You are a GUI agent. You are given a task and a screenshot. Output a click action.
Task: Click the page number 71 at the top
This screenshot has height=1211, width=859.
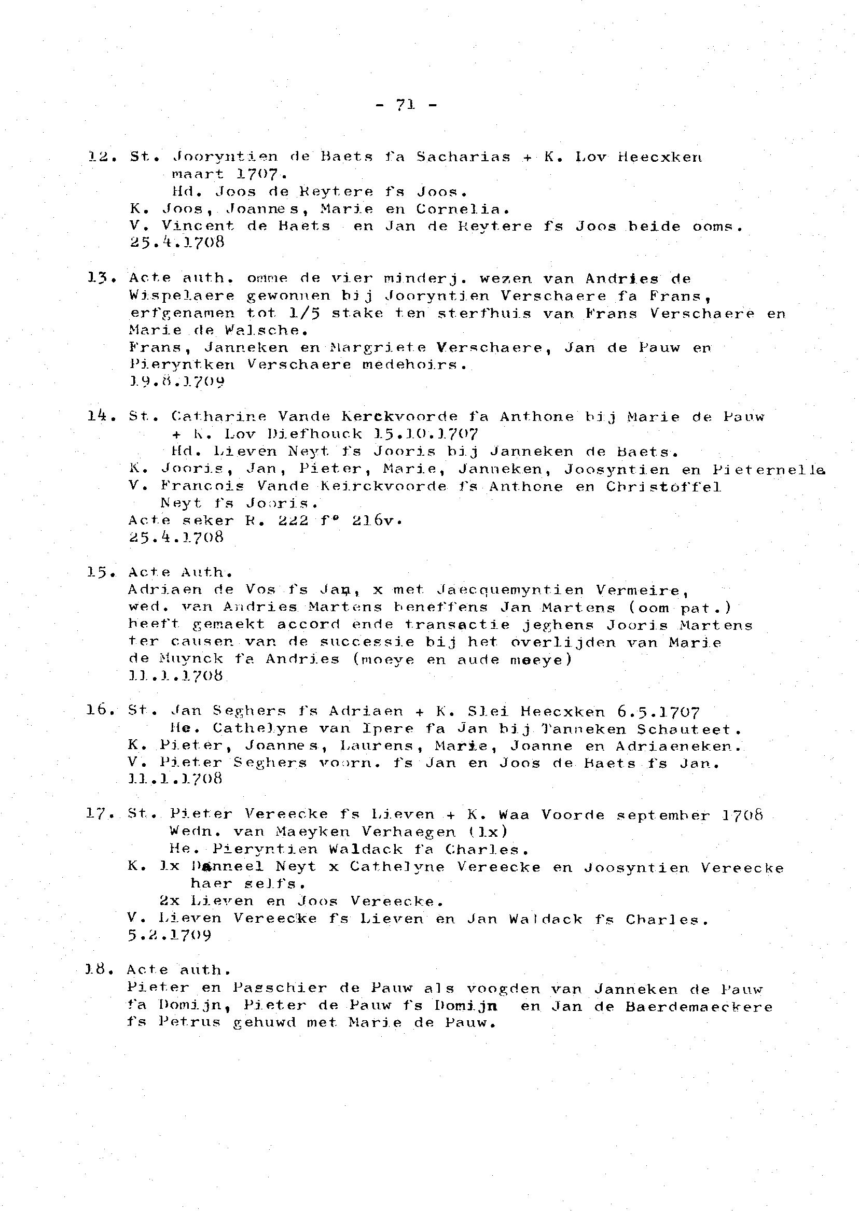(x=405, y=105)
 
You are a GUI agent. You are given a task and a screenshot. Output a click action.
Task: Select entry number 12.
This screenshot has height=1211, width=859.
(x=99, y=157)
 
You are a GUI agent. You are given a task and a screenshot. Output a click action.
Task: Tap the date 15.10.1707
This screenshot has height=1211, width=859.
(x=426, y=434)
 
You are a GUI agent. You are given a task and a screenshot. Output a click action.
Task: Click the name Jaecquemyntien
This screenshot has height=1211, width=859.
(x=510, y=590)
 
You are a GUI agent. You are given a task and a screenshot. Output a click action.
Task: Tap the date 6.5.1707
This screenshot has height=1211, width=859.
(x=658, y=712)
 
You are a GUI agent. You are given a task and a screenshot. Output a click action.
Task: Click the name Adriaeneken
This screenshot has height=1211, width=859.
(x=679, y=747)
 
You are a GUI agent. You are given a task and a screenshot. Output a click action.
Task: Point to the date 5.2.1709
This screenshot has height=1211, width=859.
(x=169, y=936)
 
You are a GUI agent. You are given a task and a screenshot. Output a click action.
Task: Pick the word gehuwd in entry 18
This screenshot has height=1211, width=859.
(x=265, y=1023)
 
